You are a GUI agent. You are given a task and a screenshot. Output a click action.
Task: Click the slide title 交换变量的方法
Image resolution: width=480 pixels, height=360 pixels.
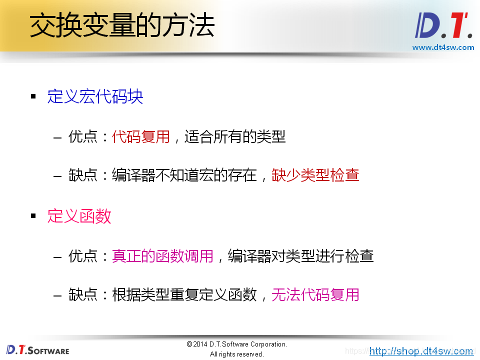122,26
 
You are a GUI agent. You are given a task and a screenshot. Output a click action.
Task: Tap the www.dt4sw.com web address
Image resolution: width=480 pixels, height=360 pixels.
442,47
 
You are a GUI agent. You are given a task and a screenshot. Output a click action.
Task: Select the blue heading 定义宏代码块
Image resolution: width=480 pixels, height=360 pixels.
95,96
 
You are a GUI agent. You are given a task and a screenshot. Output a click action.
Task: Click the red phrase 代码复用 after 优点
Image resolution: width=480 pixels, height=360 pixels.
141,136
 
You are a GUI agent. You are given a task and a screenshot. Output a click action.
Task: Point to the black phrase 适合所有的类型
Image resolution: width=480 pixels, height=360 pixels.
235,136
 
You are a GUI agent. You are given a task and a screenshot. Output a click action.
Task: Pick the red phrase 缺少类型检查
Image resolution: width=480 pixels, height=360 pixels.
315,175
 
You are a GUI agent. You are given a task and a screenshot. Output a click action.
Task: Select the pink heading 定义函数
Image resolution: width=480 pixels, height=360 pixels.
79,216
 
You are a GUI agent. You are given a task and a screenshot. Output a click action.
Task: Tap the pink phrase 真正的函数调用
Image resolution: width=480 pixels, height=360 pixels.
163,256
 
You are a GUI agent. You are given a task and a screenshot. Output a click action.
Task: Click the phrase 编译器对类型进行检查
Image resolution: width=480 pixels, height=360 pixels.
300,256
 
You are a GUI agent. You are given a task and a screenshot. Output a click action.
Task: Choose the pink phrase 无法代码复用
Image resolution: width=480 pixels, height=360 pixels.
315,295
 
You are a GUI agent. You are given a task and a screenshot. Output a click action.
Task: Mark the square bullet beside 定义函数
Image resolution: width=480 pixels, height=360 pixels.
33,216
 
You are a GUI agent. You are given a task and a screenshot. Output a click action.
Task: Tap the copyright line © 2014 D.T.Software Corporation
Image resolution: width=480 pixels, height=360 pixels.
236,344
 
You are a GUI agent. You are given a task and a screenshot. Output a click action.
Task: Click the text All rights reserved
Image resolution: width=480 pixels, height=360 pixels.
236,354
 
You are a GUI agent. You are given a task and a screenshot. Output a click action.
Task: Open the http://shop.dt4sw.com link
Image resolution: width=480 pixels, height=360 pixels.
421,351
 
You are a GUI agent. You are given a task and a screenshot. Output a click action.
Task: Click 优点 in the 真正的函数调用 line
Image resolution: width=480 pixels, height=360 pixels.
82,256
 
